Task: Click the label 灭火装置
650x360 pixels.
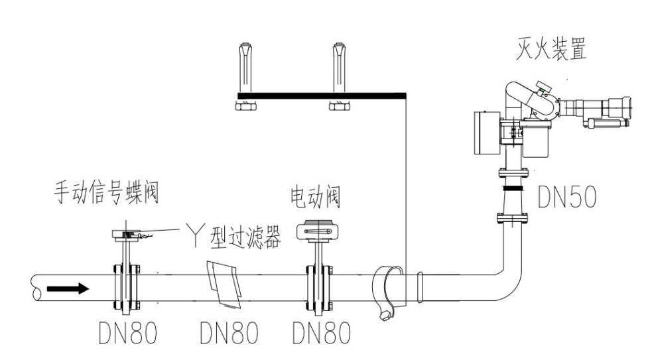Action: point(551,50)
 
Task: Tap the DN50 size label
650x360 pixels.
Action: point(567,198)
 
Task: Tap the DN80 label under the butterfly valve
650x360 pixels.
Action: point(128,335)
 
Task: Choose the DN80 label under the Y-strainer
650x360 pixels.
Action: point(229,335)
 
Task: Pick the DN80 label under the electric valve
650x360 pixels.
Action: point(322,335)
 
